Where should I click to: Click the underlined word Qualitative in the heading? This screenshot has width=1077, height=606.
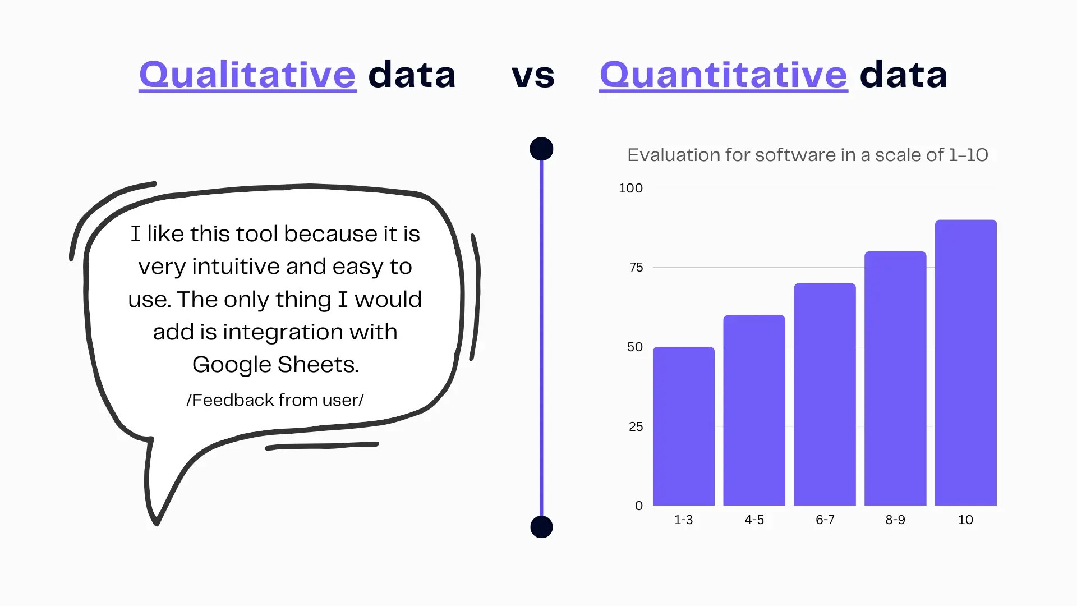coord(247,75)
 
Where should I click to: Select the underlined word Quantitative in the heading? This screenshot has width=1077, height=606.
coord(724,75)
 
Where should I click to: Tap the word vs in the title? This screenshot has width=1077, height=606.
coord(533,76)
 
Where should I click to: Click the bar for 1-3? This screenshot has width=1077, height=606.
coord(684,426)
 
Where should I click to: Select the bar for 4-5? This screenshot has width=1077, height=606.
coord(754,410)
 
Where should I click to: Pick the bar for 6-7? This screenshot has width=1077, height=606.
coord(825,394)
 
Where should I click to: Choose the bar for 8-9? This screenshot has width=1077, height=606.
coord(895,379)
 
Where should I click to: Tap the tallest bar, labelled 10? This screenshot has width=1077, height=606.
coord(966,362)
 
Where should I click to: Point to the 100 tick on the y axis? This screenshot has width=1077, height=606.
coord(630,189)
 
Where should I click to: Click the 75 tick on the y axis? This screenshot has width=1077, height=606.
coord(636,268)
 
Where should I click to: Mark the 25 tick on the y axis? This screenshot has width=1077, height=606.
coord(636,427)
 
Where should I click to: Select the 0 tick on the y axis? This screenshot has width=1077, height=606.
coord(639,506)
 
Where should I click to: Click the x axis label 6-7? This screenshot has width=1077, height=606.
coord(825,520)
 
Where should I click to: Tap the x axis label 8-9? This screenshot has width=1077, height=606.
coord(895,520)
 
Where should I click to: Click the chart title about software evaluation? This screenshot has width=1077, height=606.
coord(808,155)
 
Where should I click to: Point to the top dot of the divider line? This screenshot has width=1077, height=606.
coord(541,149)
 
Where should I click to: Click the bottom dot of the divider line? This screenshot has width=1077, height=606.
coord(541,527)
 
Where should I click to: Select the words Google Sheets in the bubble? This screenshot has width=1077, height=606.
coord(275,365)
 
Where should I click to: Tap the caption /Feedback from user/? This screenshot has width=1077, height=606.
coord(275,400)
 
